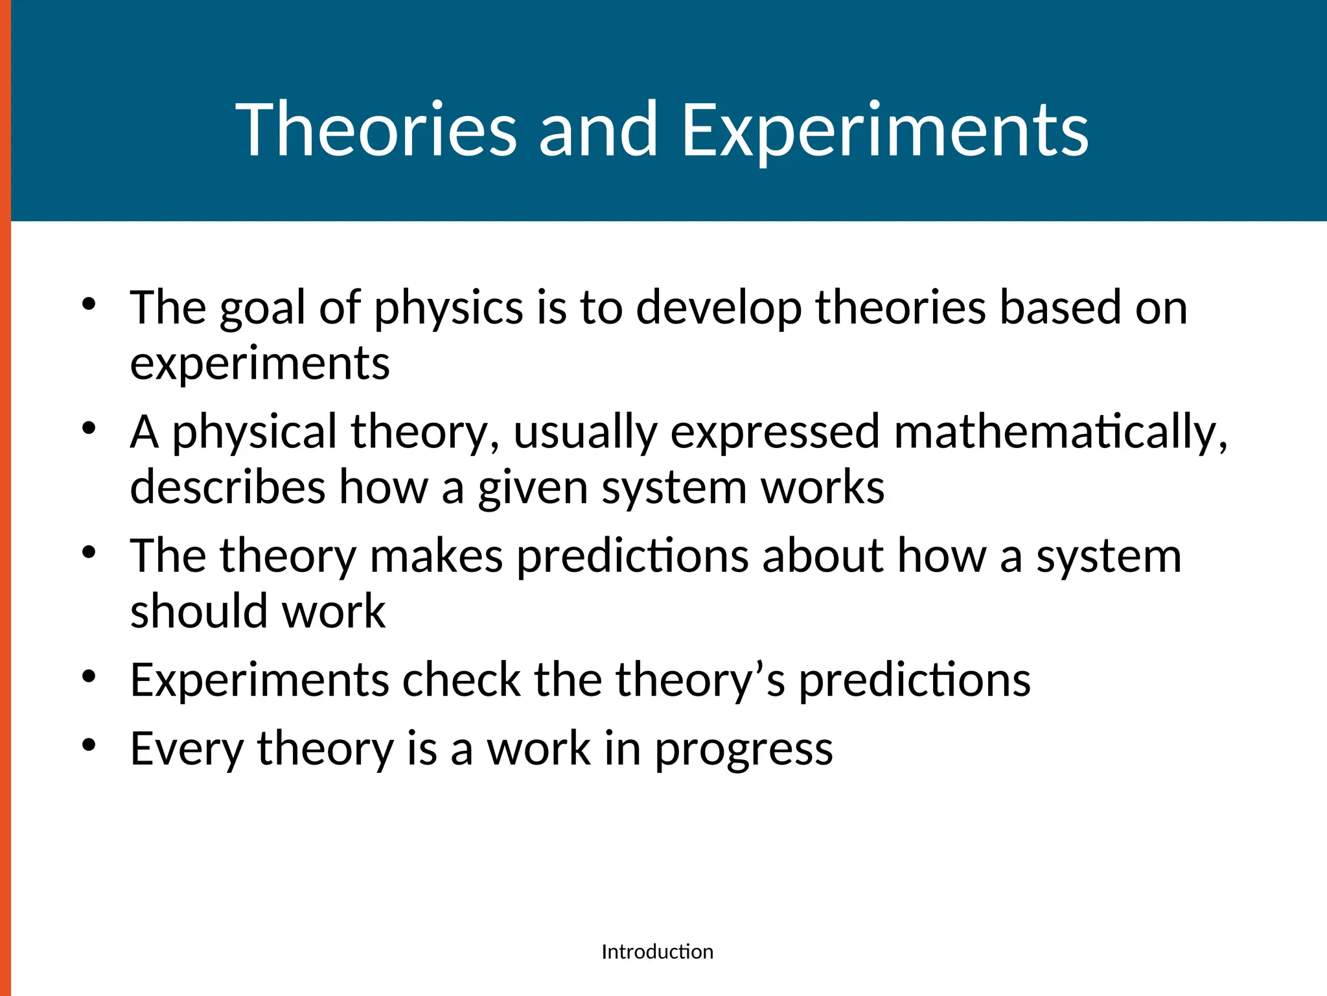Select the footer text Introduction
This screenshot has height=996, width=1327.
tap(657, 951)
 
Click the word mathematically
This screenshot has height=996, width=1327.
tap(1060, 432)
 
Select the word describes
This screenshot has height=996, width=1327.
tap(227, 488)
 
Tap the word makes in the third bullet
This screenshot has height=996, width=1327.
tap(436, 556)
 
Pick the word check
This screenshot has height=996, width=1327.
tap(461, 680)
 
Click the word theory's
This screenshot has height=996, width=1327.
tap(700, 680)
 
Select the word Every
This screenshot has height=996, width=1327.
tap(187, 749)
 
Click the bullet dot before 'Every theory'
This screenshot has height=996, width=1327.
tap(89, 745)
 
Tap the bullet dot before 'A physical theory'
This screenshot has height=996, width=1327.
tap(89, 428)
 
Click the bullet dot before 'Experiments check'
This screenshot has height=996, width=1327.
tap(89, 676)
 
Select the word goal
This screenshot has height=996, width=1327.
tap(262, 307)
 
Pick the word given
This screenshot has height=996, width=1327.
tap(533, 488)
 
